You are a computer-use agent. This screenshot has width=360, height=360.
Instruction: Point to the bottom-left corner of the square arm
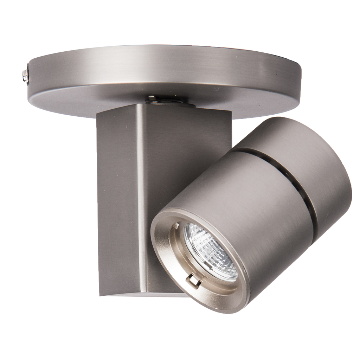[x=100, y=295]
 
